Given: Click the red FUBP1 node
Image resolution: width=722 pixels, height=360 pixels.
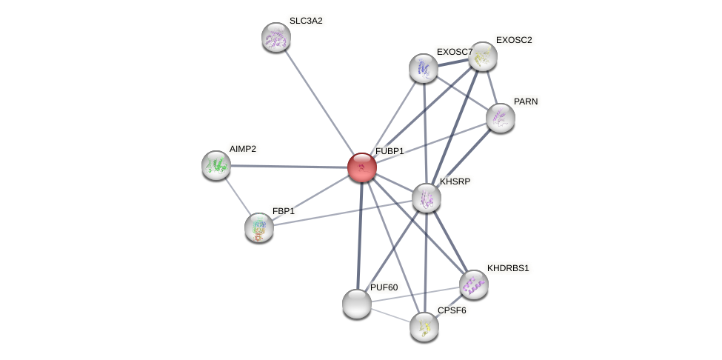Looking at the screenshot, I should click(x=362, y=167).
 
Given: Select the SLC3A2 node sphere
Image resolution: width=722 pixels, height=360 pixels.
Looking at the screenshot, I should click(x=276, y=37).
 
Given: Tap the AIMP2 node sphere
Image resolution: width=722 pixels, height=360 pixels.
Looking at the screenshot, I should click(x=216, y=165).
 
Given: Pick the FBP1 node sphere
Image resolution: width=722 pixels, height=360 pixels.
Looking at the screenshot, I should click(x=259, y=227).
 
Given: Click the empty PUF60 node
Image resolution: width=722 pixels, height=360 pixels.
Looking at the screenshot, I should click(x=357, y=304).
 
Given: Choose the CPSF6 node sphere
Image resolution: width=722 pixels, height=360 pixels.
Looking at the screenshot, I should click(x=424, y=327).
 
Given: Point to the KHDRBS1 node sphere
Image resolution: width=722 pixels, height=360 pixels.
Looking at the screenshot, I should click(x=474, y=284).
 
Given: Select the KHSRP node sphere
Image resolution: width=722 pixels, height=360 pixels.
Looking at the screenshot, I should click(x=427, y=198).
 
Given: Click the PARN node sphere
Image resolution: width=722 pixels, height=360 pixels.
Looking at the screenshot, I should click(x=501, y=118).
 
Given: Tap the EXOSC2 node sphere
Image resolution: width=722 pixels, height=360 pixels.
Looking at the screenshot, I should click(x=483, y=56).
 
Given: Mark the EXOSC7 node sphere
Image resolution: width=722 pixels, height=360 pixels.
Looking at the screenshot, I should click(x=424, y=68).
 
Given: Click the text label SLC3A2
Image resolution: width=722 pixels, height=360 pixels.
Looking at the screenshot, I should click(x=306, y=21).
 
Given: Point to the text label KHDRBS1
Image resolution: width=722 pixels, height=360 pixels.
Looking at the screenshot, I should click(x=508, y=268).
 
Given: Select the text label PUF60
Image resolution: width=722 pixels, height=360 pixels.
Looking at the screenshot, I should click(x=384, y=287).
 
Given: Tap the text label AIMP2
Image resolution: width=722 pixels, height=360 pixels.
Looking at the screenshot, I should click(x=242, y=149).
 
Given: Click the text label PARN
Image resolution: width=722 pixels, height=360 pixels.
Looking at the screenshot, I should click(x=526, y=101).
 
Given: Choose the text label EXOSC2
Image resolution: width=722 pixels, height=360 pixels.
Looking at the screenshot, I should click(x=514, y=40).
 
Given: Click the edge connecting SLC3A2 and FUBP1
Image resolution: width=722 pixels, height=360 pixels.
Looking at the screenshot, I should click(x=318, y=101).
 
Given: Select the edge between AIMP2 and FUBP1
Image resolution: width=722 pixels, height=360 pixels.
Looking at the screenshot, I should click(x=289, y=167).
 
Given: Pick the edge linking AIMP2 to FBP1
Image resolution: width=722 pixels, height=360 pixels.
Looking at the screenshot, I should click(x=238, y=196).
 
